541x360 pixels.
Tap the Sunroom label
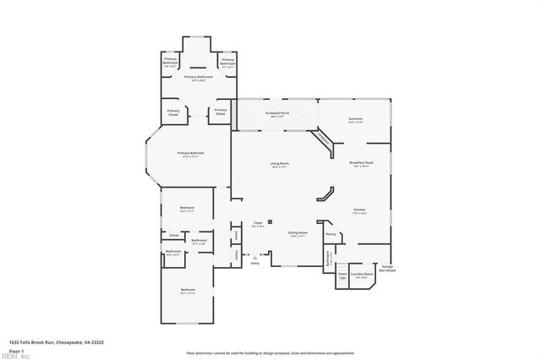coord(356,120)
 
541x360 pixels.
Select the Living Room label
coord(280,164)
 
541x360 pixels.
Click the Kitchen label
coord(359,210)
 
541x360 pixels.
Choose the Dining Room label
coord(297,232)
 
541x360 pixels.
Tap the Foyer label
coord(259,225)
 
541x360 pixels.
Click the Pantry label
coord(331,234)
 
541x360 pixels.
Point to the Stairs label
coord(342,275)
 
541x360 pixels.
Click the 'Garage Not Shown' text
coord(387,269)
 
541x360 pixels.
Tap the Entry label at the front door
coord(255,264)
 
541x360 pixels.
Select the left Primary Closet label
coord(172,112)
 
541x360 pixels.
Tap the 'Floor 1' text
coord(14,350)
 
